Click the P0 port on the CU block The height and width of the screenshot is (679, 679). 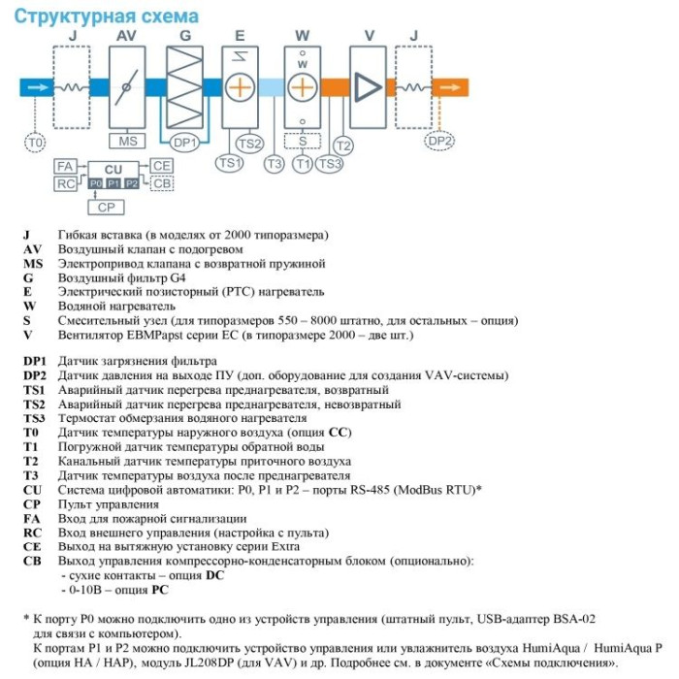coord(96,183)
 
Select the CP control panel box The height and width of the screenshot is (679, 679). coord(106,207)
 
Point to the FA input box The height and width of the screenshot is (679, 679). coord(65,166)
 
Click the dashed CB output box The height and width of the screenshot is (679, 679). coord(162,183)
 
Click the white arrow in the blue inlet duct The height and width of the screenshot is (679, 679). coord(38,87)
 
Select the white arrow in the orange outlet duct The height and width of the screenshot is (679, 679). coord(450,87)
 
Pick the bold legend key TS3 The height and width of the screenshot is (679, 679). coord(34,419)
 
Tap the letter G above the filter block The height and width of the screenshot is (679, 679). coord(185,36)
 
